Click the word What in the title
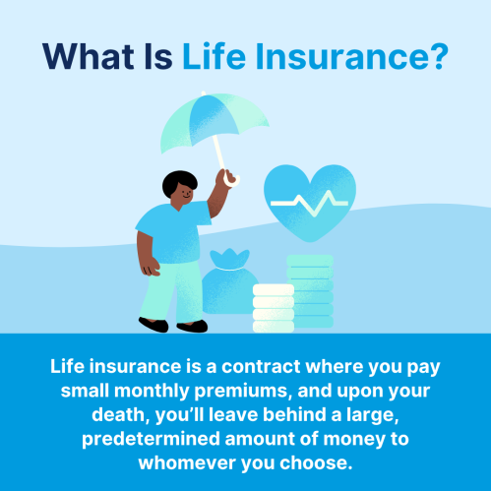coord(88,56)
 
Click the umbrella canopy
coord(214,121)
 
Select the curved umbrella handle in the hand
coord(231,180)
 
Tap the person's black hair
coord(179,182)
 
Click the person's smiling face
coord(185,194)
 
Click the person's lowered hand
coord(150,268)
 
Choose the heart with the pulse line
coord(310,203)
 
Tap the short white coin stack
coord(274,308)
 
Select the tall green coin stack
coord(311,290)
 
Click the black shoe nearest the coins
coord(192,327)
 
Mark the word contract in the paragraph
coord(261,366)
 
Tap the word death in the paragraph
coord(118,414)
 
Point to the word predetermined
coord(151,439)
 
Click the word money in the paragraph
coord(354,440)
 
